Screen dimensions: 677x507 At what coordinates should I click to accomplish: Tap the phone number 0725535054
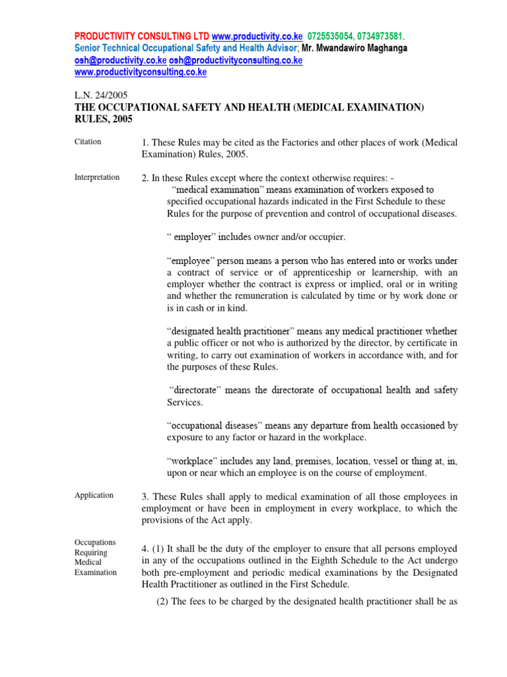[x=331, y=36]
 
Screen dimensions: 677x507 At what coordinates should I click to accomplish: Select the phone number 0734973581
[x=381, y=36]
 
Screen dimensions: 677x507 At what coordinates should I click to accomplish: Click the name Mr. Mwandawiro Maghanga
[x=354, y=48]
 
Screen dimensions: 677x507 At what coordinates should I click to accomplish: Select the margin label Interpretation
[x=96, y=177]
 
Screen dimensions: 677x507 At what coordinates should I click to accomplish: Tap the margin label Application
[x=94, y=495]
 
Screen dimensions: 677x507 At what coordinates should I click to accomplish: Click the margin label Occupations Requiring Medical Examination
[x=95, y=557]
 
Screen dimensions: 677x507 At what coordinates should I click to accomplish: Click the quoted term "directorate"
[x=195, y=390]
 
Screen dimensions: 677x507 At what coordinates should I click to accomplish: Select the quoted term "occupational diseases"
[x=217, y=426]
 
